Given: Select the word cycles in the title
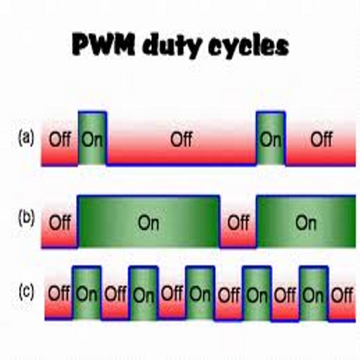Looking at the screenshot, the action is click(x=248, y=46).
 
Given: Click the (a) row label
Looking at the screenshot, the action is click(x=26, y=139).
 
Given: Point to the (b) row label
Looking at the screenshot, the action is click(x=27, y=219).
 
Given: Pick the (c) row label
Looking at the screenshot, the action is click(x=26, y=292).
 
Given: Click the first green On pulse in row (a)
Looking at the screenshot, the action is click(x=92, y=139).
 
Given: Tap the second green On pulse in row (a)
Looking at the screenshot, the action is click(x=271, y=139).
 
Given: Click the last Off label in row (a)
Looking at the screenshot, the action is click(x=321, y=139).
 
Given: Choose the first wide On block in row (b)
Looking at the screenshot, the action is click(x=148, y=221).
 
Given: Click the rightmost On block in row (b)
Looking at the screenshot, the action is click(x=306, y=221).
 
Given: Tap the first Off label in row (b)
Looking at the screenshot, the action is click(x=60, y=222).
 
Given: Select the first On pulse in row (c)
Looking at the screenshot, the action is click(x=87, y=293).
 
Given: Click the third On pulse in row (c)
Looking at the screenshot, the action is click(x=200, y=293).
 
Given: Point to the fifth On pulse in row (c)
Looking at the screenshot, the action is click(x=314, y=293).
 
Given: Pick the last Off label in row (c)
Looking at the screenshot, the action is click(x=342, y=295).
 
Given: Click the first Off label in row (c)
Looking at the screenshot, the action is click(x=59, y=293).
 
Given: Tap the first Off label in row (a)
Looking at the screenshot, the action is click(x=60, y=139).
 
